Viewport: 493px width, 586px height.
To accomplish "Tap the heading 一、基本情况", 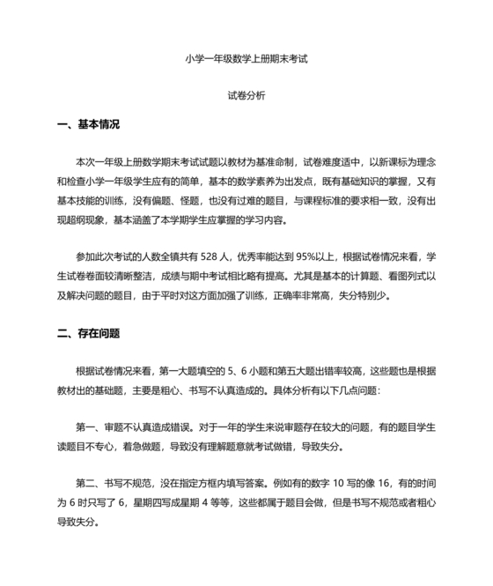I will pyautogui.click(x=87, y=124).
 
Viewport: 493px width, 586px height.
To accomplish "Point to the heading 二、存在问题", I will pyautogui.click(x=87, y=334).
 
